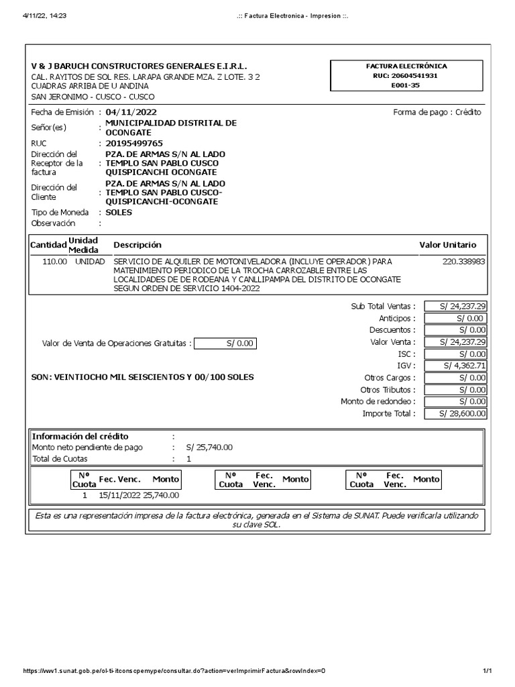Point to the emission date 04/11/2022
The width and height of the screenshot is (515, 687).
pos(131,112)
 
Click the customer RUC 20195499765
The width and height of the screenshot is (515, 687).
pos(134,143)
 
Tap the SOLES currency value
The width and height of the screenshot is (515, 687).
pos(119,212)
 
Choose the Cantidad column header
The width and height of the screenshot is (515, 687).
pos(48,245)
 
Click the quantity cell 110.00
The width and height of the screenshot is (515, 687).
pos(55,261)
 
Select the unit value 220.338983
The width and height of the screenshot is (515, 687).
pos(465,261)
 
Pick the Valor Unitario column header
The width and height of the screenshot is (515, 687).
pos(447,245)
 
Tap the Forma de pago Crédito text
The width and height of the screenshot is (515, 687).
pos(437,112)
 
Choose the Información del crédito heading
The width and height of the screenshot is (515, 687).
pos(80,436)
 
